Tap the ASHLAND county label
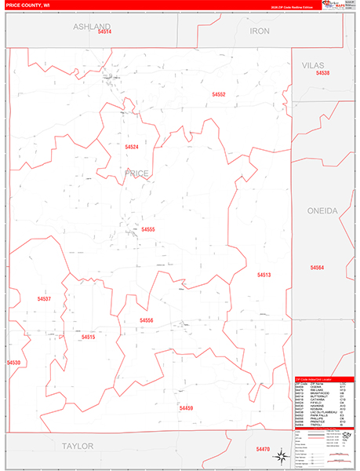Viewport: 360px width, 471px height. point(93,26)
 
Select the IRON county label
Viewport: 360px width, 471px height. point(259,31)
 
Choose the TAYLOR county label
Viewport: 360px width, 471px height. point(78,445)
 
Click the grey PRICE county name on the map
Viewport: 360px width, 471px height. point(136,173)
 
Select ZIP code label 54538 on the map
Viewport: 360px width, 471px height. point(323,73)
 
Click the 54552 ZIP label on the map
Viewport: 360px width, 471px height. point(219,94)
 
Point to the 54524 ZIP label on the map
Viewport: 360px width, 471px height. point(131,147)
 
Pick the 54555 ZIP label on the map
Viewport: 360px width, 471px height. point(147,229)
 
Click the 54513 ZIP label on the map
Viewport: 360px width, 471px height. point(264,275)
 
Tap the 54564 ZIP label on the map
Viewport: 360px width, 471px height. point(317,268)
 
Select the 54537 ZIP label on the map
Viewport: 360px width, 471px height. point(44,299)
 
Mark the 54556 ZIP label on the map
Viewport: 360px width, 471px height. point(147,320)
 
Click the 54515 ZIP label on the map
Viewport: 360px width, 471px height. point(88,337)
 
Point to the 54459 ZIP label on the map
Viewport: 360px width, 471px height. point(186,408)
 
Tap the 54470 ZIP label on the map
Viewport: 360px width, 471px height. point(263,448)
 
